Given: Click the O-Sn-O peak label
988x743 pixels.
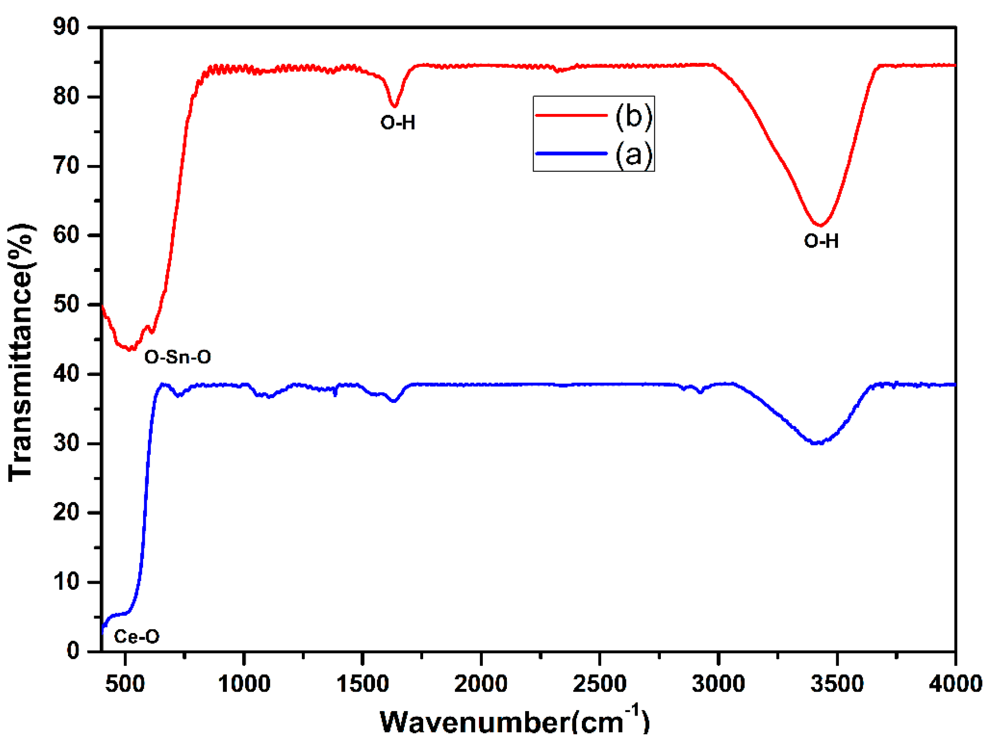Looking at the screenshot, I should click(178, 357).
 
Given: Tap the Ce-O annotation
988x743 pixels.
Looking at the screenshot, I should click(137, 636).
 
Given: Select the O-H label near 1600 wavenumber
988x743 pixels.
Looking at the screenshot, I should click(397, 123).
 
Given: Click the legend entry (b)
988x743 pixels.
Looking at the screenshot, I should click(633, 116).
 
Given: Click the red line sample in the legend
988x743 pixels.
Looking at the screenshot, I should click(571, 115).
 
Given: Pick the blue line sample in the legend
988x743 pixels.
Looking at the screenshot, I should click(571, 153).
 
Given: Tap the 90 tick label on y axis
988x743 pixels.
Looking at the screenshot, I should click(66, 27).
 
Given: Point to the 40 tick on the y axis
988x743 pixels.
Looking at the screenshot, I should click(66, 374).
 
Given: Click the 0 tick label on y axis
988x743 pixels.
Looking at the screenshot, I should click(73, 651).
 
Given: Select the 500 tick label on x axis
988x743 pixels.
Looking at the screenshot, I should click(126, 684).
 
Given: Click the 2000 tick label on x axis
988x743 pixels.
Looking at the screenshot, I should click(481, 684).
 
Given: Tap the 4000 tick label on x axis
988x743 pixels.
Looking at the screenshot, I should click(955, 684).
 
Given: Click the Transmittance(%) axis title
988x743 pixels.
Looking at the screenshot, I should click(21, 352).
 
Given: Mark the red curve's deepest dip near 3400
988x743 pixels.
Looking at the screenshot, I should click(820, 225).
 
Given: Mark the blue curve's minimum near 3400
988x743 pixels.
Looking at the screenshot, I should click(817, 443).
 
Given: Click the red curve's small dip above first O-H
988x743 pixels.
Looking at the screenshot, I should click(394, 106).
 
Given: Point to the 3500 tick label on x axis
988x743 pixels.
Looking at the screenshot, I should click(837, 684).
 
